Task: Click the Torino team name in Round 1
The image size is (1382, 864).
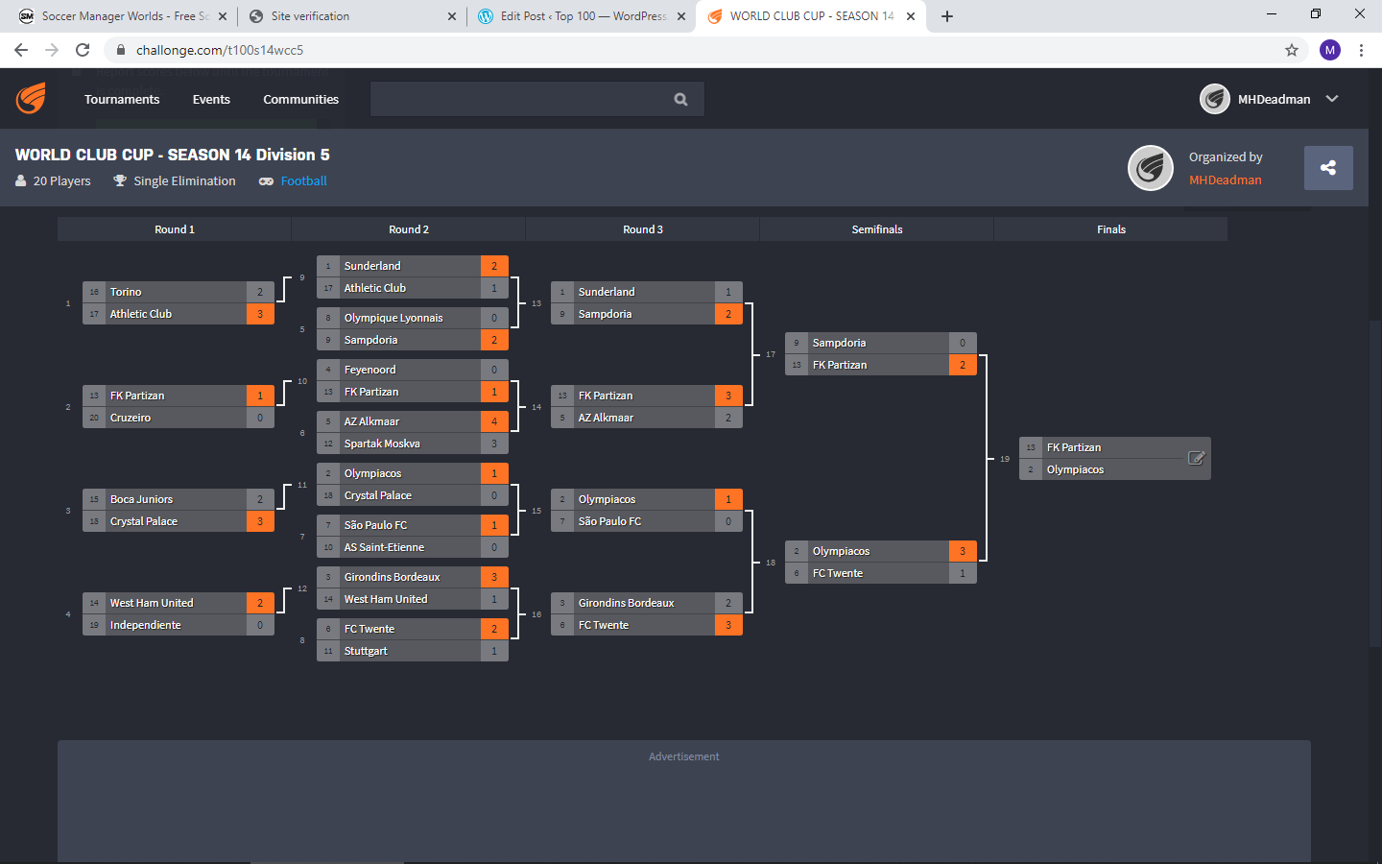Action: pyautogui.click(x=126, y=292)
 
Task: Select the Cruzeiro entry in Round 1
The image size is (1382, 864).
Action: pyautogui.click(x=131, y=418)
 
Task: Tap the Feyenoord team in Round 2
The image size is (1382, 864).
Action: pyautogui.click(x=369, y=370)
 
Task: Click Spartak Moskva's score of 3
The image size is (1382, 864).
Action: pyautogui.click(x=494, y=444)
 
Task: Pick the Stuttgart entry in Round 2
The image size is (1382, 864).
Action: pyautogui.click(x=366, y=651)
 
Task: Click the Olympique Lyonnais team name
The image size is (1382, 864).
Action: pyautogui.click(x=393, y=318)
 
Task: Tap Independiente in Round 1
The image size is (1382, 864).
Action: pyautogui.click(x=145, y=625)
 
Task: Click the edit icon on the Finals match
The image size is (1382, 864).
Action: pyautogui.click(x=1196, y=458)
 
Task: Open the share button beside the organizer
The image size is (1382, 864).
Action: pyautogui.click(x=1328, y=168)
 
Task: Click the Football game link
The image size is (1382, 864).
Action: pyautogui.click(x=303, y=180)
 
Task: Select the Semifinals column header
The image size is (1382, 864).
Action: pyautogui.click(x=876, y=229)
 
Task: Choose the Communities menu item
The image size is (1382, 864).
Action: pyautogui.click(x=300, y=99)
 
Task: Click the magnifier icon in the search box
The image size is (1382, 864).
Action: pyautogui.click(x=680, y=99)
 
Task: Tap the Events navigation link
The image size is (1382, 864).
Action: pyautogui.click(x=211, y=99)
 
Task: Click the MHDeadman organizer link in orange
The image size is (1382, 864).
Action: pyautogui.click(x=1225, y=180)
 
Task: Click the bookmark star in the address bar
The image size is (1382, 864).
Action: pyautogui.click(x=1292, y=50)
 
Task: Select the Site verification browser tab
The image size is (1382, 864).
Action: pyautogui.click(x=310, y=16)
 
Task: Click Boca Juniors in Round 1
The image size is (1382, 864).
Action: pyautogui.click(x=141, y=499)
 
